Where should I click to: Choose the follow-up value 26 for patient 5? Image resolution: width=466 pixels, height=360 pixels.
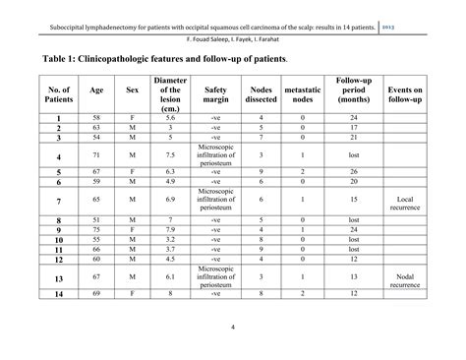point(352,171)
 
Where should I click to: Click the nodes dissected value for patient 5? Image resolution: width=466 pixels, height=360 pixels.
point(262,171)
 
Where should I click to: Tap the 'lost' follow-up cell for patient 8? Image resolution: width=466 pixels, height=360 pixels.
point(352,219)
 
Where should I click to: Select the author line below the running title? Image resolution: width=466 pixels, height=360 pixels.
point(232,41)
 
